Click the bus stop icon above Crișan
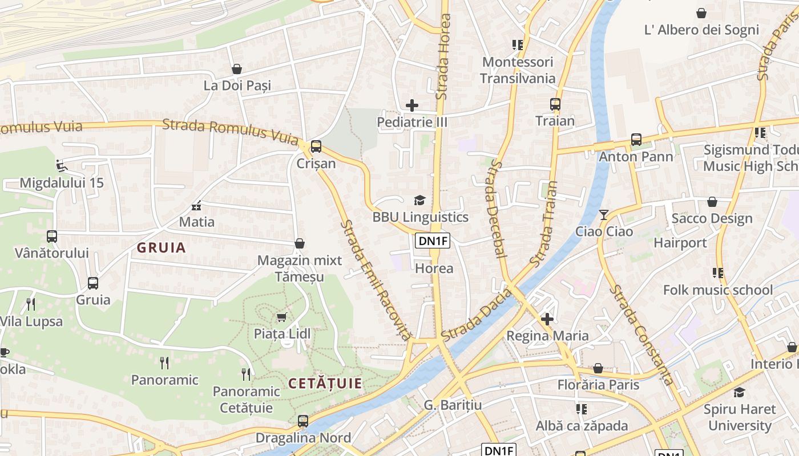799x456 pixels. click(316, 146)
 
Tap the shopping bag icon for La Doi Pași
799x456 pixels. click(237, 69)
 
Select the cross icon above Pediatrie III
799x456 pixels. click(412, 105)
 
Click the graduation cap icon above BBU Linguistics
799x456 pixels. click(420, 199)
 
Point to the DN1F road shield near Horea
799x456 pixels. click(433, 241)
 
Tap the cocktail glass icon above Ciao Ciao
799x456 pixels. click(604, 214)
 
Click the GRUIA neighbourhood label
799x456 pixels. click(162, 247)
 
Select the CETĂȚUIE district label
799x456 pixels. click(325, 384)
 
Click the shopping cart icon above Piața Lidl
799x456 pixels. click(281, 316)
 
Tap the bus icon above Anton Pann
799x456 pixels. click(636, 139)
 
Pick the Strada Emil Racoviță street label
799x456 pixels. click(375, 280)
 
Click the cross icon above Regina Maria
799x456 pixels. click(547, 319)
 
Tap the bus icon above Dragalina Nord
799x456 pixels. click(303, 421)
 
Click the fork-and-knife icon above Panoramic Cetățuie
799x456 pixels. click(246, 374)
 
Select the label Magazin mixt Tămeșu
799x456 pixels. click(300, 268)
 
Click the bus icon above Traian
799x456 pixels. click(555, 104)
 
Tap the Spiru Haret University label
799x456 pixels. click(740, 417)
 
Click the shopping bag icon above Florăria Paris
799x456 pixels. click(598, 368)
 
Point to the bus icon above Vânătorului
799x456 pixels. click(52, 236)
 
